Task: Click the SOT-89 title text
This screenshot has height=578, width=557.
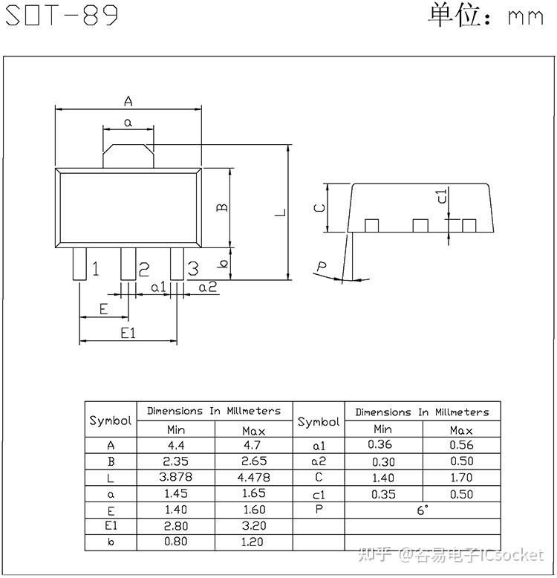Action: coord(62,16)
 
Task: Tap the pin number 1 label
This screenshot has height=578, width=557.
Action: coord(95,269)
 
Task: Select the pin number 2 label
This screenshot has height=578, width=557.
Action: coord(144,269)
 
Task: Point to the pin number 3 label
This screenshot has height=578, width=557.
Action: coord(192,269)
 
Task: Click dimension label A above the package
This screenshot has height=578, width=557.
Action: coord(128,100)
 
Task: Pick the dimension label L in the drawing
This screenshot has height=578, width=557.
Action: coord(279,212)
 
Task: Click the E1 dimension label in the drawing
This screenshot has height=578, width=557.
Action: coord(128,333)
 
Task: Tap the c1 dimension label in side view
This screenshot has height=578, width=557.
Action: coord(441,196)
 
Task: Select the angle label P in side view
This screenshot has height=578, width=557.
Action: coord(322,267)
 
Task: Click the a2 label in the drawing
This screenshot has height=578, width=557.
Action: coord(207,287)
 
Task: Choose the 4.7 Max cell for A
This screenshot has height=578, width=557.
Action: coord(254,446)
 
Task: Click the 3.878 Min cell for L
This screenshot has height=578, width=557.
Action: coord(176,477)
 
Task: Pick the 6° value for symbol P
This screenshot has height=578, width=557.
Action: coord(422,510)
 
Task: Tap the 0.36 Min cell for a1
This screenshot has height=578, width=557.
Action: coord(382,445)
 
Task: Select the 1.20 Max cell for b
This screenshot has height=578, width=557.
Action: coord(254,542)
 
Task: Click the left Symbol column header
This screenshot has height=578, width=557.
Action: coord(111,420)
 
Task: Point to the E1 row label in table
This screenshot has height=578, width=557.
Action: coord(111,526)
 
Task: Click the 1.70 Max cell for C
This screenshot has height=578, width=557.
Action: coord(461,478)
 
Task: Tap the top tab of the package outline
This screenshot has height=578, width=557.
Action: coord(128,155)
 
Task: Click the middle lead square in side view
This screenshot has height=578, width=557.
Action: coord(420,225)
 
